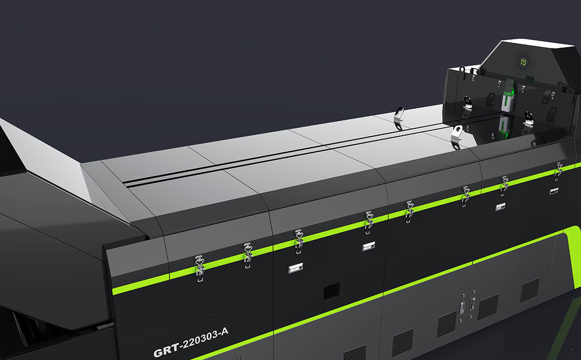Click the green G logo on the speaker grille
pos(524,62)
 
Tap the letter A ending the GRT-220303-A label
pos(224,331)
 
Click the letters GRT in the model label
pos(167,350)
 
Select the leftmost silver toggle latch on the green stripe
pos(199,268)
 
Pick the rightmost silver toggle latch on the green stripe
pos(558,171)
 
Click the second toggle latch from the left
pos(247,255)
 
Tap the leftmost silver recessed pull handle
pos(295,268)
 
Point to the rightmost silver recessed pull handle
pos(553,191)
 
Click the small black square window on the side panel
pos(332,292)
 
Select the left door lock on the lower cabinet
pos(462,308)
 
